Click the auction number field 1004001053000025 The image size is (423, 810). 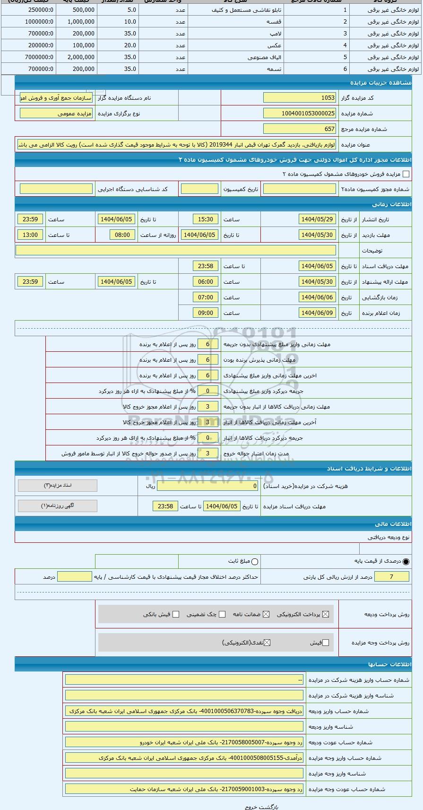(x=299, y=113)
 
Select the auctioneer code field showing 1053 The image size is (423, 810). (x=299, y=98)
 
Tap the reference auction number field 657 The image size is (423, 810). (x=299, y=129)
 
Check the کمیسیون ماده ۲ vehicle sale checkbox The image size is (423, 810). (x=406, y=174)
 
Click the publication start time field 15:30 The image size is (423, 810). (x=206, y=219)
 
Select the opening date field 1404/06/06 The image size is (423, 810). (x=317, y=297)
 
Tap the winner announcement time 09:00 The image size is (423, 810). (x=206, y=313)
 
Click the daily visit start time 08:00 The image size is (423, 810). (x=122, y=235)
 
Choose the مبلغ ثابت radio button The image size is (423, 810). (x=255, y=562)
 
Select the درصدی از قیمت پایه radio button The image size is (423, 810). (x=406, y=562)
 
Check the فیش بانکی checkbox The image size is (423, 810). (x=176, y=614)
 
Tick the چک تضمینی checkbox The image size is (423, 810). (x=222, y=614)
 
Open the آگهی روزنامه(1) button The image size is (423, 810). (x=58, y=506)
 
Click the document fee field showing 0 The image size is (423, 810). (x=207, y=486)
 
